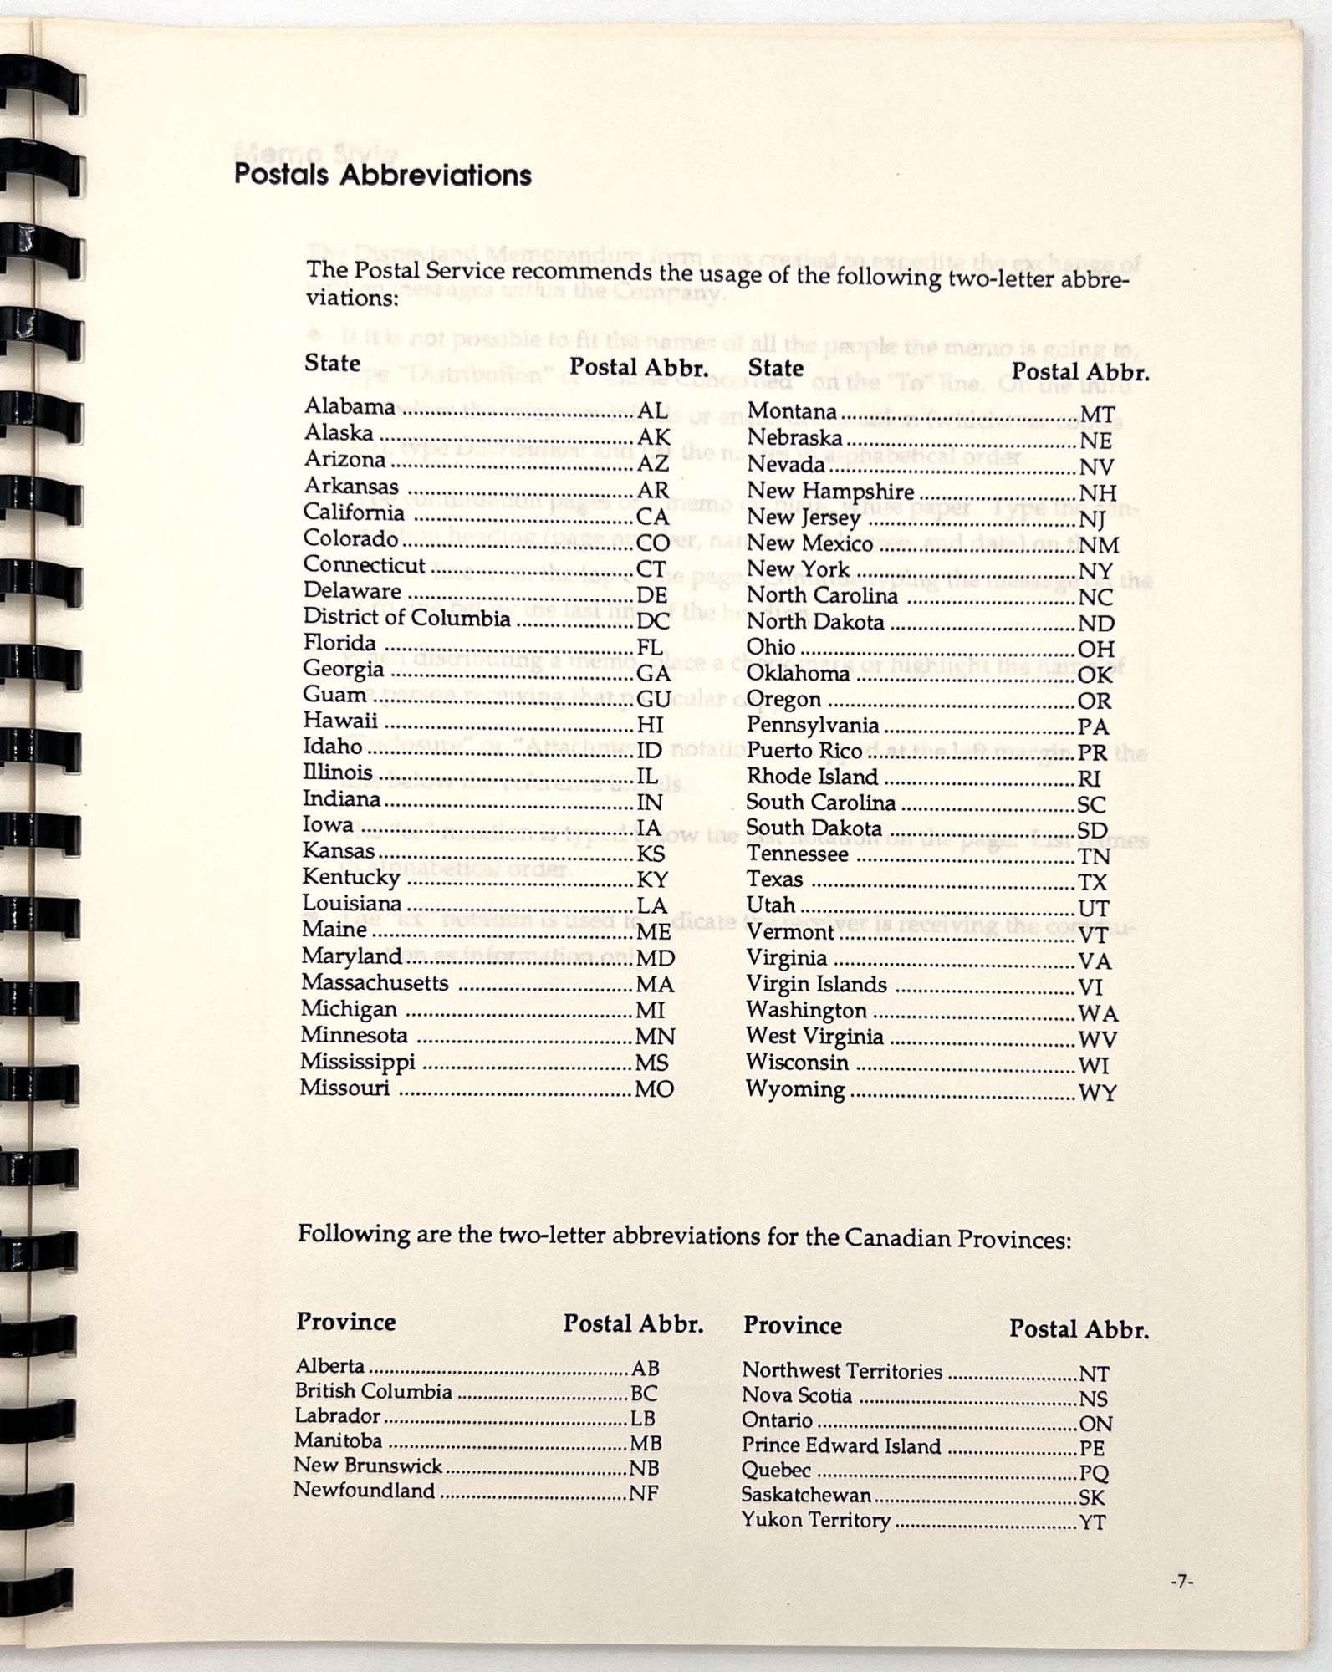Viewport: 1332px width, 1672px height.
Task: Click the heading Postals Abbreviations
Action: tap(382, 175)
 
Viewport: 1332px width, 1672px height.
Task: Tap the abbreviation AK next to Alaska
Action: tap(654, 437)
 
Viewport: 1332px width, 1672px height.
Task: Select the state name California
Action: tap(353, 512)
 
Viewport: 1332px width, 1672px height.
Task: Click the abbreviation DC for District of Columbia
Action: tap(654, 621)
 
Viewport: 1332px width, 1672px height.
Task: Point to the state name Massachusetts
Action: tap(375, 982)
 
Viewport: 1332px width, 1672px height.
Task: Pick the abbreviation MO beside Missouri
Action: tap(655, 1089)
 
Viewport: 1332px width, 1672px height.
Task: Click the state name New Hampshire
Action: tap(829, 491)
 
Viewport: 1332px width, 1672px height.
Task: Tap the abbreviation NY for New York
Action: tap(1096, 572)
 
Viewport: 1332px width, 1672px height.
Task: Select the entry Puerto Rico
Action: tap(804, 751)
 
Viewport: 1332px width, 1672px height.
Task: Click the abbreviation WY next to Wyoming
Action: tap(1097, 1093)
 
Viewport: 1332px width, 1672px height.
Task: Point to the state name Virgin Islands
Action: tap(816, 984)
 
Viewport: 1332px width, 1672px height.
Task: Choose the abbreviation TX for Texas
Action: tap(1093, 883)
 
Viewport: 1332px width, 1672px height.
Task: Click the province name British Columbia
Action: tap(373, 1391)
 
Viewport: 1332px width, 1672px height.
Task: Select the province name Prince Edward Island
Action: tap(841, 1446)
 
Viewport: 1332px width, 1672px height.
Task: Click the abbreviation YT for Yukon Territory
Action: tap(1092, 1522)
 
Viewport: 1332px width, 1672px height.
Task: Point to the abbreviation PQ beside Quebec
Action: tap(1094, 1473)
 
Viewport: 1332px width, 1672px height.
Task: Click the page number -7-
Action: tap(1181, 1582)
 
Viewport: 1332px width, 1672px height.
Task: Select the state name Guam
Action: tap(334, 695)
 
